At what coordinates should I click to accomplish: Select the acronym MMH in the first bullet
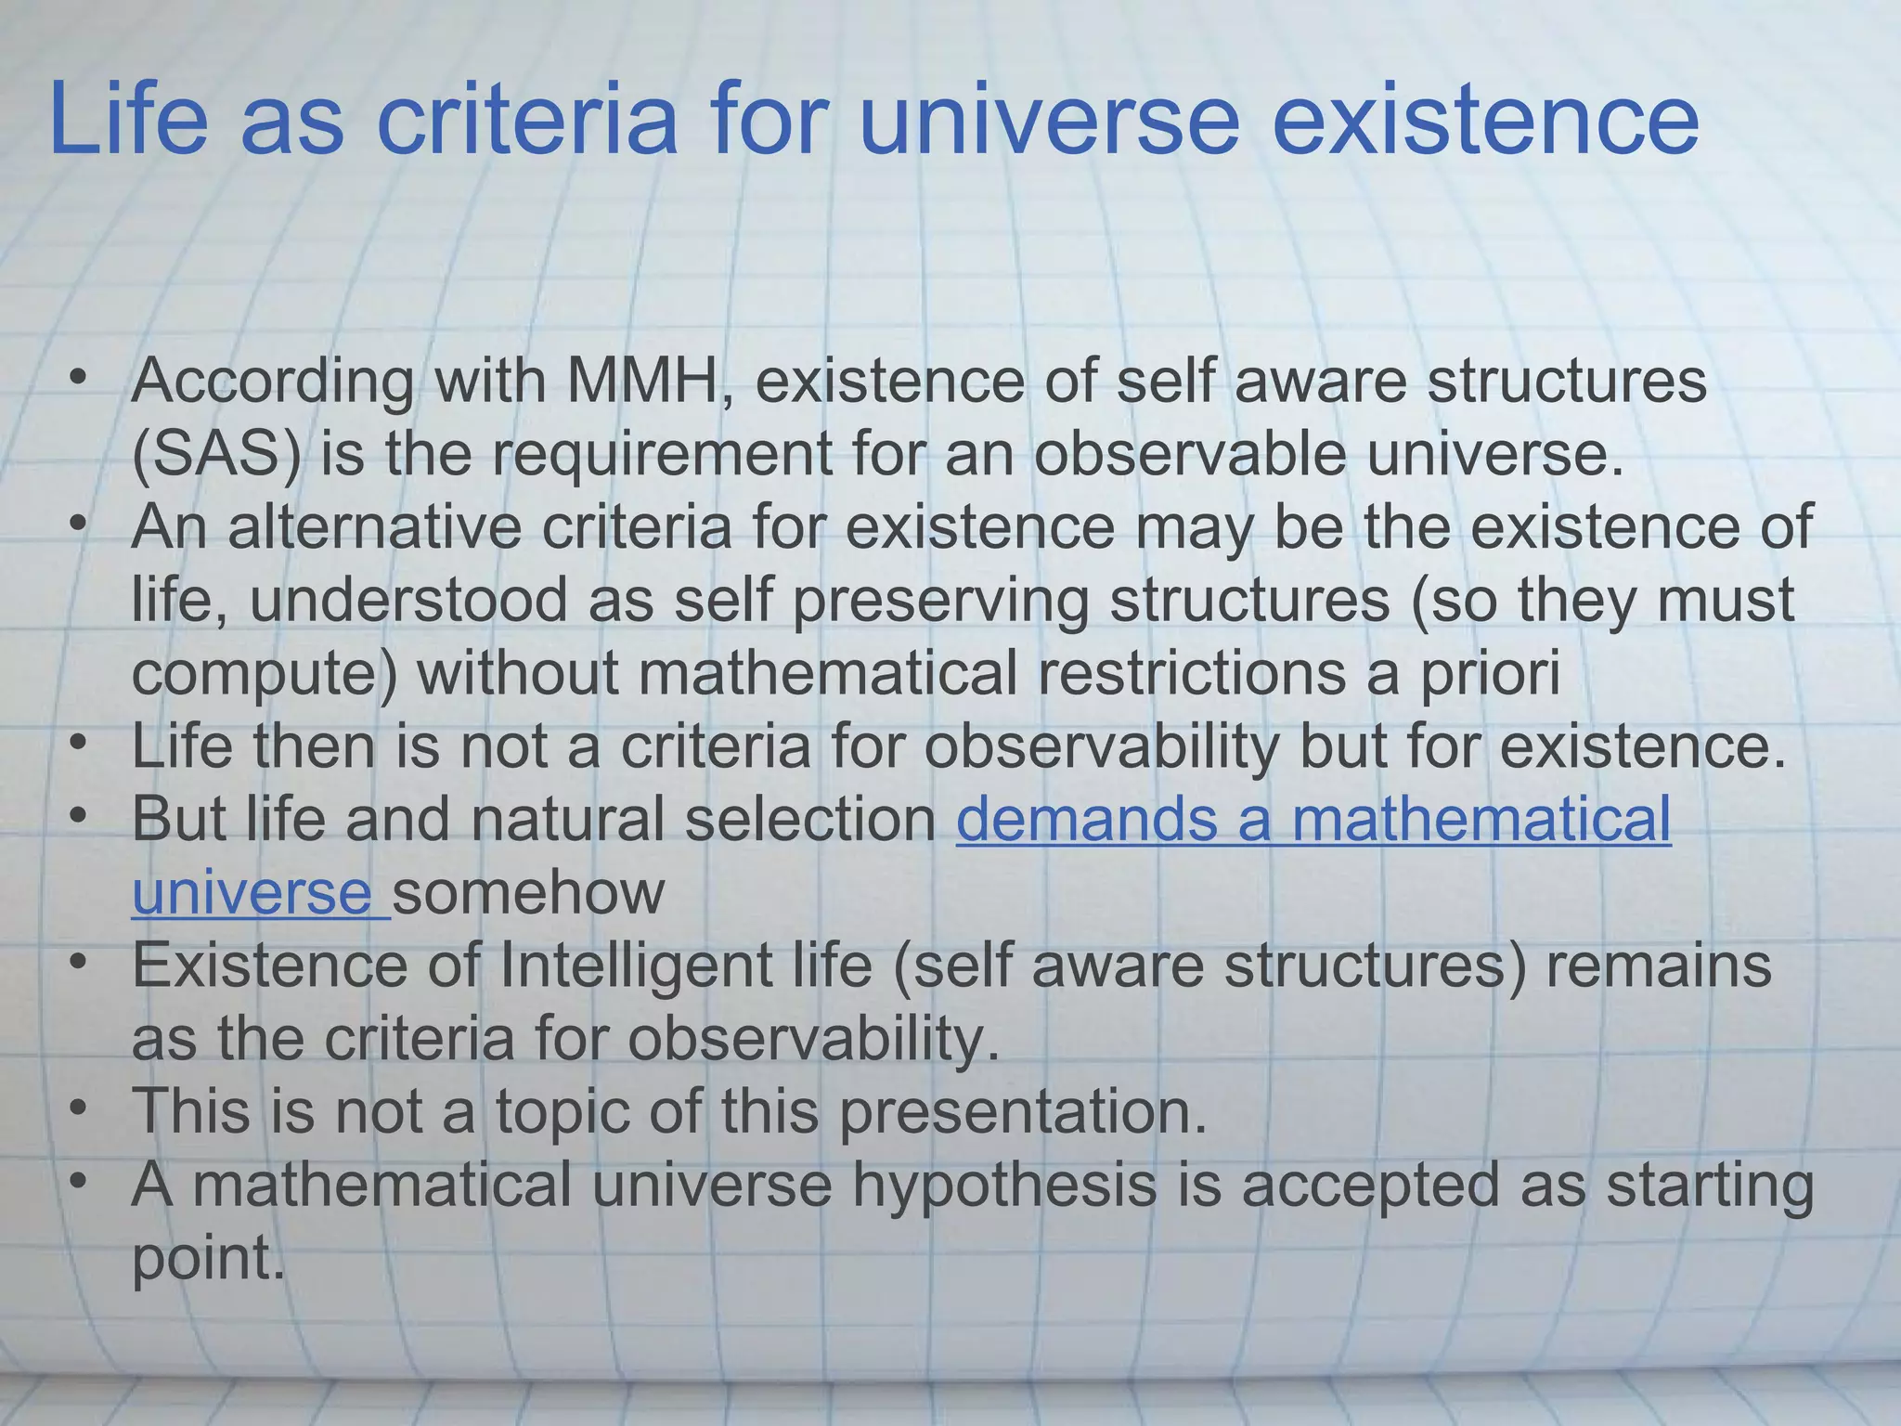pos(640,381)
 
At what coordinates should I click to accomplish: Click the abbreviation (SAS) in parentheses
pos(216,454)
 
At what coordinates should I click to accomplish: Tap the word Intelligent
pos(636,966)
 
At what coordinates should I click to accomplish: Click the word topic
pos(562,1111)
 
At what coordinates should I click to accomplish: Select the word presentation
pos(1023,1111)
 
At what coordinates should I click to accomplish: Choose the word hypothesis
pos(1004,1186)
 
